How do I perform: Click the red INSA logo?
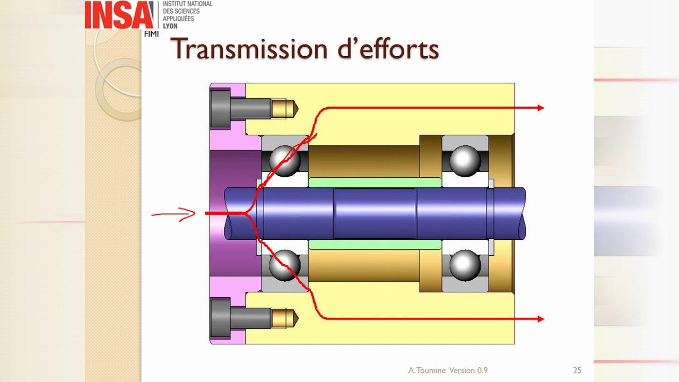119,15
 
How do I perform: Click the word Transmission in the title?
249,49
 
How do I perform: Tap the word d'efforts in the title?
388,48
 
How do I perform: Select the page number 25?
577,370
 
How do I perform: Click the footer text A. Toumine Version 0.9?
448,370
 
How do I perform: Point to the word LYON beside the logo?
170,26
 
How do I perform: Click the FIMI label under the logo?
151,34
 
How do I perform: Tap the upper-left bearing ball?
285,161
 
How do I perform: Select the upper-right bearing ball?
465,161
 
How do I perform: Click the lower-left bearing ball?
285,265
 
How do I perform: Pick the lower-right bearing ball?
465,265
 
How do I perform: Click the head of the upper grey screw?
220,109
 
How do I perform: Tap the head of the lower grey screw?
220,318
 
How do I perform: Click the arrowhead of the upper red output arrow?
541,108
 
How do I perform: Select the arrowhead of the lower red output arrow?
541,319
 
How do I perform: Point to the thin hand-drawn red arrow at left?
173,214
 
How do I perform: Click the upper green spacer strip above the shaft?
375,183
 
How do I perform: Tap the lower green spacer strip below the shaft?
375,245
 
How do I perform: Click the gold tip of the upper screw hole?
285,109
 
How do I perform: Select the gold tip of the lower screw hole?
285,318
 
